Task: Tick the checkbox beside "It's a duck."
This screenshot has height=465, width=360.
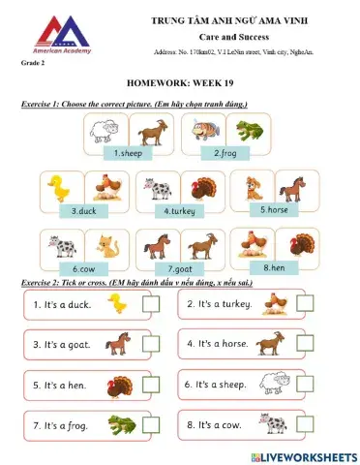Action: pos(152,306)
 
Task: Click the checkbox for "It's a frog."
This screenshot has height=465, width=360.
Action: pos(152,426)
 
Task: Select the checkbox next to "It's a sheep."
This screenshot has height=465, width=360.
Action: pos(306,385)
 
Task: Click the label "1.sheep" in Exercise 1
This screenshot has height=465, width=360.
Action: pos(129,153)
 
